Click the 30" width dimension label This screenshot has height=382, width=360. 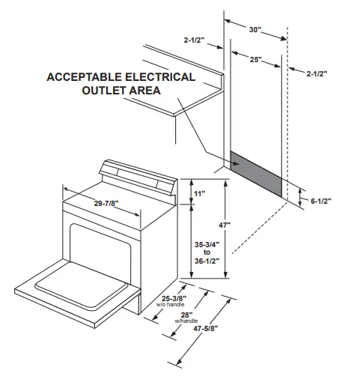(x=256, y=29)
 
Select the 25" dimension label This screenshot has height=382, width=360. (x=256, y=59)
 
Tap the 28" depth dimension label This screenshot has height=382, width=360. (x=186, y=315)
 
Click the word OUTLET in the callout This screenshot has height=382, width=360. (x=106, y=91)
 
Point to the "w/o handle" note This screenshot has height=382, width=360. (x=170, y=306)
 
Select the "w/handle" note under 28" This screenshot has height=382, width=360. (x=185, y=321)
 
